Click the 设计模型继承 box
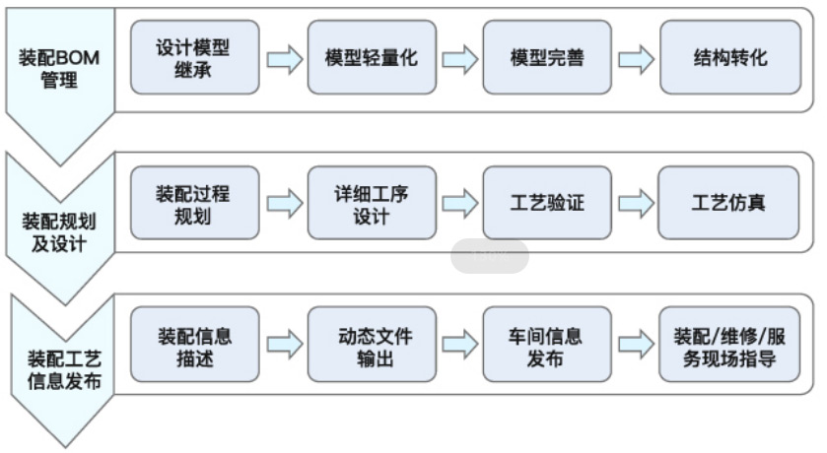[x=194, y=57]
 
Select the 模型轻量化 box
[x=371, y=57]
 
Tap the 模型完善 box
[x=547, y=57]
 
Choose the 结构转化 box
[x=729, y=57]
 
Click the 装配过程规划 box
[x=194, y=203]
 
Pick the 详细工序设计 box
[x=371, y=203]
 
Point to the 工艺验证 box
[x=547, y=203]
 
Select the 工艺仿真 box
[x=729, y=203]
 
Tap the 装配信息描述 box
[x=194, y=345]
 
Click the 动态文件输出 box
[x=371, y=345]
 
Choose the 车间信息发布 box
[x=547, y=345]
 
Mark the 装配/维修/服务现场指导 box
[x=729, y=345]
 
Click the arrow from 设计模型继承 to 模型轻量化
[x=284, y=59]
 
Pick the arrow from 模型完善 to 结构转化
[x=636, y=59]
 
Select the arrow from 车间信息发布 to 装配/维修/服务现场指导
[x=636, y=345]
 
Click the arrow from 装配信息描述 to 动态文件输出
[x=284, y=345]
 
